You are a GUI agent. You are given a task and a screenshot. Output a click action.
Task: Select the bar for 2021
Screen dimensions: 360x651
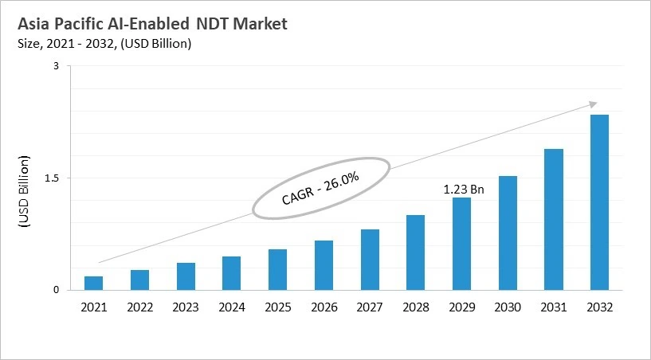coord(94,283)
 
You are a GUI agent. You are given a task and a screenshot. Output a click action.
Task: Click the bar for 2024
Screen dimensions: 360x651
coord(231,273)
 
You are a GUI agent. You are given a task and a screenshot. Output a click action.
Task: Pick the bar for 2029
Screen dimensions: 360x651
coord(461,244)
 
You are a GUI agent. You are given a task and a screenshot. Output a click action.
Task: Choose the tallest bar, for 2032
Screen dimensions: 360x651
coord(599,202)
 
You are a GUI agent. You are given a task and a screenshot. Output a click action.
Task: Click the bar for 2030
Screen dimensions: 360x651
coord(508,233)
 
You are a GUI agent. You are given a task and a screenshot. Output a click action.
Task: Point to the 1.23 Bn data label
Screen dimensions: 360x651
coord(464,190)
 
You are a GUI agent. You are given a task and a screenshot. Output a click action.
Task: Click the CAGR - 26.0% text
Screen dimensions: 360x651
coord(320,188)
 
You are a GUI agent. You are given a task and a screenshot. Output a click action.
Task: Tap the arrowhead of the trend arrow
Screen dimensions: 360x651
coord(593,103)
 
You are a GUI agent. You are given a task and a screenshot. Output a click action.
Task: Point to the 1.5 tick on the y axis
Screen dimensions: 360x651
coord(52,178)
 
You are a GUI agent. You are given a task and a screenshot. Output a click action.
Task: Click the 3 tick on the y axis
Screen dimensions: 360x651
coord(57,66)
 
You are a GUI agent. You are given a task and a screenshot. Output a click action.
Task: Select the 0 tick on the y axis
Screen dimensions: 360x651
coord(57,290)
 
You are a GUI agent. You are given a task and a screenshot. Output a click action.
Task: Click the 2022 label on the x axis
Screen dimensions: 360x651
coord(139,307)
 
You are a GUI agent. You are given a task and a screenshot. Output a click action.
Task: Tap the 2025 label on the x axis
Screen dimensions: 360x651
coord(277,307)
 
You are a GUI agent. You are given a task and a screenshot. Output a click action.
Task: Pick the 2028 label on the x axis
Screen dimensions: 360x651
coord(415,307)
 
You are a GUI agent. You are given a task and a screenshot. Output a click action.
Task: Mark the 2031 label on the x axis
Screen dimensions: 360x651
coord(553,307)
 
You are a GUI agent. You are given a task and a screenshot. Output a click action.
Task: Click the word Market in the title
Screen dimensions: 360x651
coord(258,24)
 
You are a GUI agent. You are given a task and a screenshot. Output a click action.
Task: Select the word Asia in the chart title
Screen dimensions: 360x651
coord(35,24)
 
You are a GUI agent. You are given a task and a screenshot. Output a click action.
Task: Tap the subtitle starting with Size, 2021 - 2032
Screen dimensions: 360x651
coord(104,44)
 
